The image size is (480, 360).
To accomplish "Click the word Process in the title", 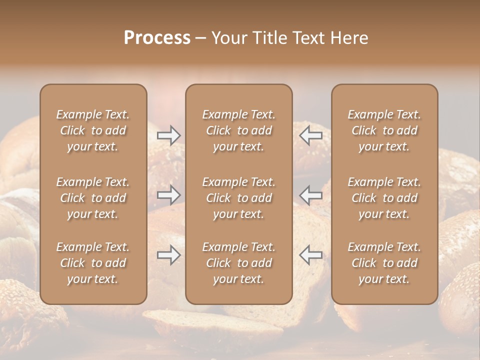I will tap(157, 38).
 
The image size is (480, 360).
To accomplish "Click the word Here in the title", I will tap(348, 38).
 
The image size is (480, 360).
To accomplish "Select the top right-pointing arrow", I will tap(169, 135).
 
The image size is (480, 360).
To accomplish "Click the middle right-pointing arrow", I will tap(169, 195).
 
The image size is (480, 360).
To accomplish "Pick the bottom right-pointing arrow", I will tap(169, 255).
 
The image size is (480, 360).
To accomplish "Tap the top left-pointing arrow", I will tap(310, 135).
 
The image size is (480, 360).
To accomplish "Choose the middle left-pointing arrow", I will tap(310, 195).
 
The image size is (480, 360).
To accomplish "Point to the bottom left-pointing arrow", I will tap(310, 255).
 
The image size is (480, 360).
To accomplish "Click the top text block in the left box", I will tap(93, 130).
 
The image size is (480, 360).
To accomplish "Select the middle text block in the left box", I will tap(93, 198).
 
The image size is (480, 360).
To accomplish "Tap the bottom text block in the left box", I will tap(93, 263).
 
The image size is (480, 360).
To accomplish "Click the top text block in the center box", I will tap(238, 130).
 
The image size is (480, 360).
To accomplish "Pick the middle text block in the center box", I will tap(238, 198).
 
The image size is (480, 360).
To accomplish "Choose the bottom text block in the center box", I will tap(238, 263).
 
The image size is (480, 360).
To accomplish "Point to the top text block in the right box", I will tap(384, 130).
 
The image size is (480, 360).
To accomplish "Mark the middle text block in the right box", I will tap(384, 198).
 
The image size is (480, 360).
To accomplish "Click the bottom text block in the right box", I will tap(384, 263).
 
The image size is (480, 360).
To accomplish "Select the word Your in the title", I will tap(228, 38).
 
